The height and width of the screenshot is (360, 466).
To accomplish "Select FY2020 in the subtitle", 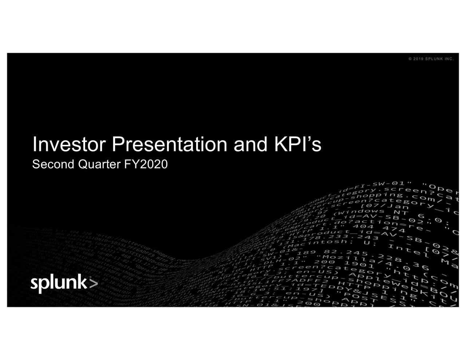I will pyautogui.click(x=146, y=165).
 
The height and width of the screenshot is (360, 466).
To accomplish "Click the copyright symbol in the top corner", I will pyautogui.click(x=410, y=60).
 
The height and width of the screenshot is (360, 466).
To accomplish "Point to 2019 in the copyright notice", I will pyautogui.click(x=418, y=60).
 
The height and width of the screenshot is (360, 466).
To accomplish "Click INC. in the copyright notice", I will pyautogui.click(x=449, y=60).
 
